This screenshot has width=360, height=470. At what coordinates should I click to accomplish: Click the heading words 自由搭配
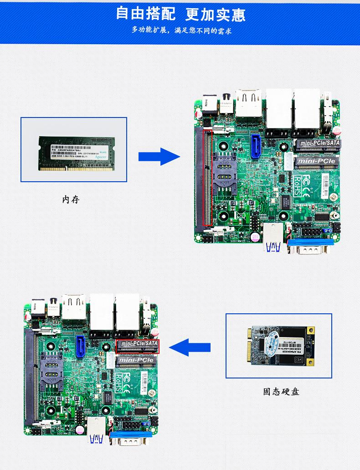(145, 13)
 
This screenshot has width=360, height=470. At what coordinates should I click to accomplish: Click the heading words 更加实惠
(215, 14)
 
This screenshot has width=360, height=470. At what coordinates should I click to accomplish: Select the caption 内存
(71, 199)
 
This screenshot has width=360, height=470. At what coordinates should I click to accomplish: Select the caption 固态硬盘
(281, 392)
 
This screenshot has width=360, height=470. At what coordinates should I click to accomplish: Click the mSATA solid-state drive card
(279, 346)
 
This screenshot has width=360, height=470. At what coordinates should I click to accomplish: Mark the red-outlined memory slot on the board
(207, 178)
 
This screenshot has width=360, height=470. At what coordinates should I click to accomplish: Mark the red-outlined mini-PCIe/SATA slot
(138, 347)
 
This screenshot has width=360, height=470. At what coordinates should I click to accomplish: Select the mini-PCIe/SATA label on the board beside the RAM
(319, 143)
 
